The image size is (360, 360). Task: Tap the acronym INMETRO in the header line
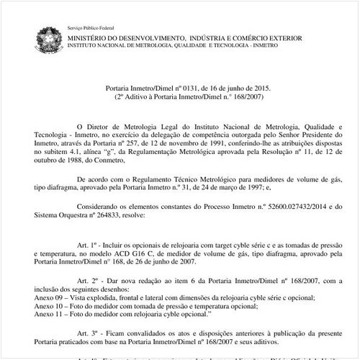(x=269, y=44)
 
